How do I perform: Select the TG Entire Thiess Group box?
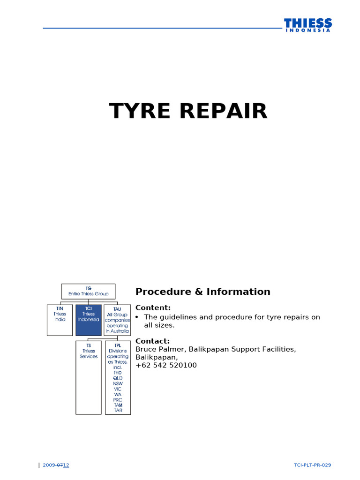click(88, 291)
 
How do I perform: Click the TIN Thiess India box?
click(60, 320)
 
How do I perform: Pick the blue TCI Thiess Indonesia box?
click(88, 320)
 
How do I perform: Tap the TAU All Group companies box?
click(117, 320)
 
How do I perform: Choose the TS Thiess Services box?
click(89, 377)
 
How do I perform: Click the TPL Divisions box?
click(118, 377)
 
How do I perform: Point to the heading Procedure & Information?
click(202, 292)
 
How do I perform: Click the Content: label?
click(153, 307)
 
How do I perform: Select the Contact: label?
click(152, 341)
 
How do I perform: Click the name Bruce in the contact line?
click(146, 349)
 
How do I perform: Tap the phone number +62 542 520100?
click(166, 365)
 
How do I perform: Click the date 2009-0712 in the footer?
click(56, 465)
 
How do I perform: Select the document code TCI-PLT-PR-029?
click(312, 465)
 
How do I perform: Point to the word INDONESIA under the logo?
click(307, 30)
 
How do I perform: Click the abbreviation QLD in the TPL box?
click(118, 378)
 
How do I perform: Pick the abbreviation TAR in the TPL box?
click(118, 410)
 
